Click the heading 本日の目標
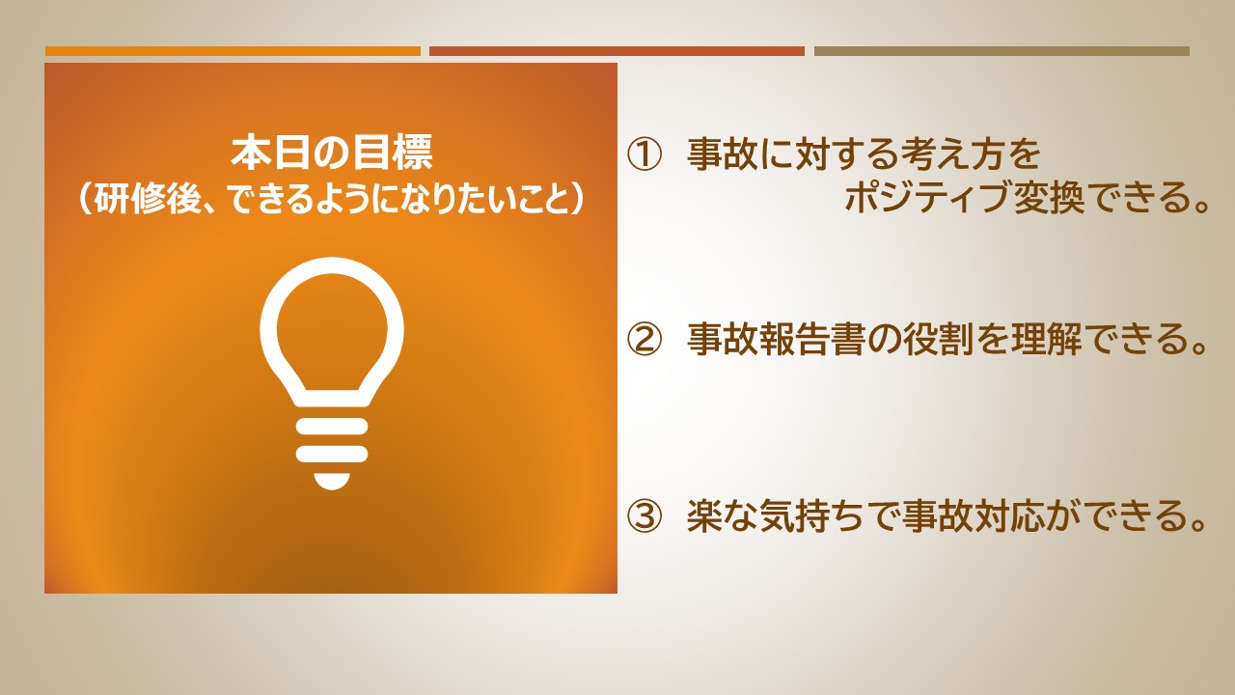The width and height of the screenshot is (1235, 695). coord(331,153)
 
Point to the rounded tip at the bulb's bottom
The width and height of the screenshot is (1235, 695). coord(332,482)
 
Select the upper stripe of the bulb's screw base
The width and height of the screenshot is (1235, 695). coord(332,427)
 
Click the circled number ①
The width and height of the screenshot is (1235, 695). coord(644,154)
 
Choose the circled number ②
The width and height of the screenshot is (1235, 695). coord(644,339)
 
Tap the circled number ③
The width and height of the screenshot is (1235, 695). coord(644,516)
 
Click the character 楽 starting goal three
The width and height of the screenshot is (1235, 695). coord(704,516)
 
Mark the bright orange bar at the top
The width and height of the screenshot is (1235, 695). coord(233,51)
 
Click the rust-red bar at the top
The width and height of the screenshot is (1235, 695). coord(617,51)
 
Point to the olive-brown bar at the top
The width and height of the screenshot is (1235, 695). coord(1002,51)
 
